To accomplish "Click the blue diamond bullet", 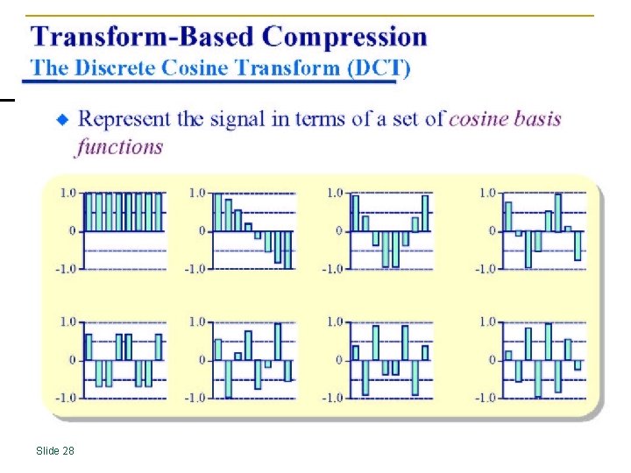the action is click(x=62, y=119).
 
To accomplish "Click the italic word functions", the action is click(x=120, y=145).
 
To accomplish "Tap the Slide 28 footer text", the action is click(x=55, y=450).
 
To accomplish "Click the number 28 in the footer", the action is click(x=68, y=450).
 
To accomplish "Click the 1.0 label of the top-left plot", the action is click(x=67, y=193).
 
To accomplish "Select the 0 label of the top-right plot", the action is click(x=491, y=231).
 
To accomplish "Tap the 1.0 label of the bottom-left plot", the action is click(x=67, y=322).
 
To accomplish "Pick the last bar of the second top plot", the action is click(x=288, y=250).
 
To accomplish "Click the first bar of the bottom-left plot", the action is click(x=89, y=347).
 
